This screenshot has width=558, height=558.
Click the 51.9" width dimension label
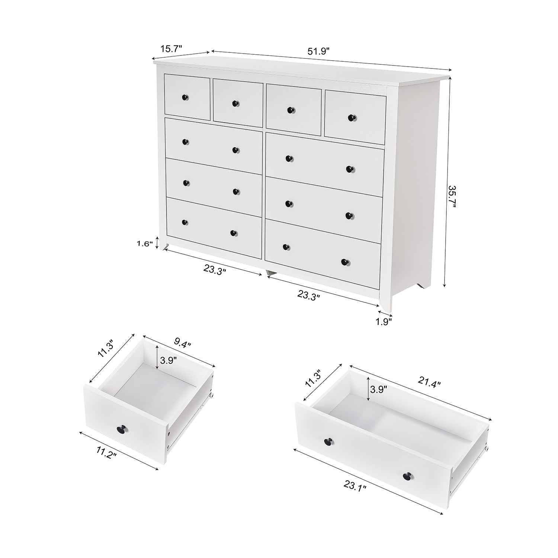(319, 51)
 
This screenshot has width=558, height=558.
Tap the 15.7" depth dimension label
(171, 49)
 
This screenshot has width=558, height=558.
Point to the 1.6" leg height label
(145, 244)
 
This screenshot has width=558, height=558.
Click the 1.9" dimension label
(383, 322)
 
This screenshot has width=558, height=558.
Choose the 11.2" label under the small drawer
(106, 454)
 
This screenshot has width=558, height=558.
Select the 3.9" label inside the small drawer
(169, 360)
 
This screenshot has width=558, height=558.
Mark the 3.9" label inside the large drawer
(378, 389)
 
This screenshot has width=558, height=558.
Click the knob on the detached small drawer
(122, 429)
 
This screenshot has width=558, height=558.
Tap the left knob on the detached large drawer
(328, 441)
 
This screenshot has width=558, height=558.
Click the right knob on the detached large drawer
(408, 475)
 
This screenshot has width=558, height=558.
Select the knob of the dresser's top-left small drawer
(185, 97)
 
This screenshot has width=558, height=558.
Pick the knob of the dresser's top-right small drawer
(351, 118)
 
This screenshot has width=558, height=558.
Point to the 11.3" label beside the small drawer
(106, 350)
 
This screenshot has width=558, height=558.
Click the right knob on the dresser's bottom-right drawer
(345, 262)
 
